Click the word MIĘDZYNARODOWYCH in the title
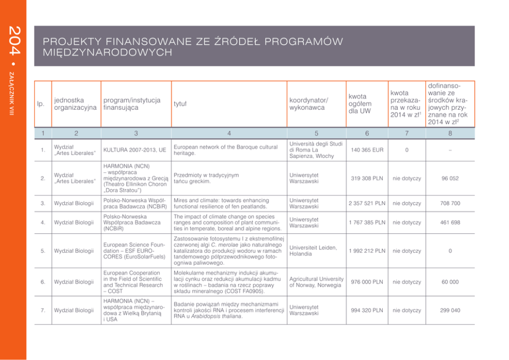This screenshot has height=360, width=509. click(107, 52)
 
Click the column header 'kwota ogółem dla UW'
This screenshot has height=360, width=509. click(360, 104)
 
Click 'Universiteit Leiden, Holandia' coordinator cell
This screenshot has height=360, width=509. click(312, 251)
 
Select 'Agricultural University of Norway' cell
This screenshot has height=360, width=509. click(316, 282)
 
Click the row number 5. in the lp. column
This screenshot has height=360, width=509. click(43, 251)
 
